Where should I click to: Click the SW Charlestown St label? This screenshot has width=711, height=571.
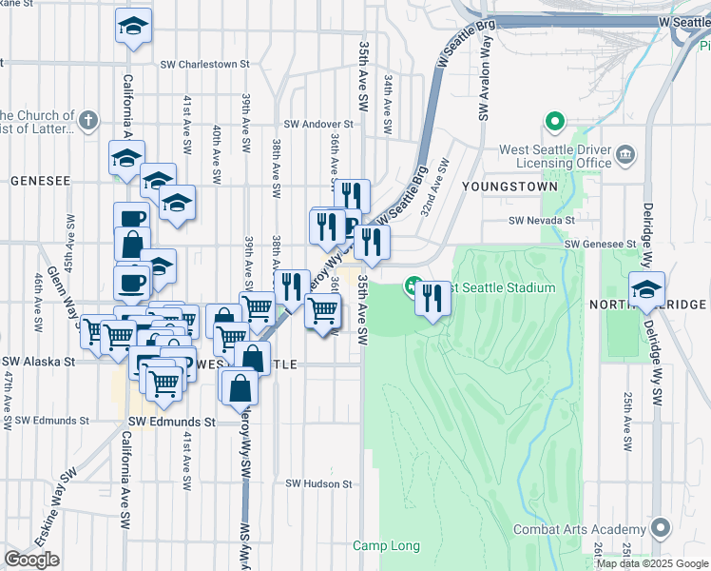pos(204,65)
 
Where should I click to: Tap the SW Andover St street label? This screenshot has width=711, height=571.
pos(318,124)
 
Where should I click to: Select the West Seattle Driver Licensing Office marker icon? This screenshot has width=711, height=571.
pos(626,154)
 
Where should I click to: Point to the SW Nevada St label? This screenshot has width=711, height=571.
pos(543,220)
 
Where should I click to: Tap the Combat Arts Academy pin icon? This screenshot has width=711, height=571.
pos(661,529)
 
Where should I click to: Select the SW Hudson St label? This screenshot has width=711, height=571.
pos(319,483)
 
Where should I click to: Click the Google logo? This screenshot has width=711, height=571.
pos(31,560)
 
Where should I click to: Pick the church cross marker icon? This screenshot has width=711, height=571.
pos(88,121)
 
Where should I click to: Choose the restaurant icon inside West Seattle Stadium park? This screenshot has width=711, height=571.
pos(433,299)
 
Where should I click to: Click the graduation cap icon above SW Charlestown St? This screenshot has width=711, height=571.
pos(134,27)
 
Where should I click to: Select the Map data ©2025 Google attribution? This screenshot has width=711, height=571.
pos(653,563)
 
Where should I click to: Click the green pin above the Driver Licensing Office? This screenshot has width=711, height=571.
pos(553,122)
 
